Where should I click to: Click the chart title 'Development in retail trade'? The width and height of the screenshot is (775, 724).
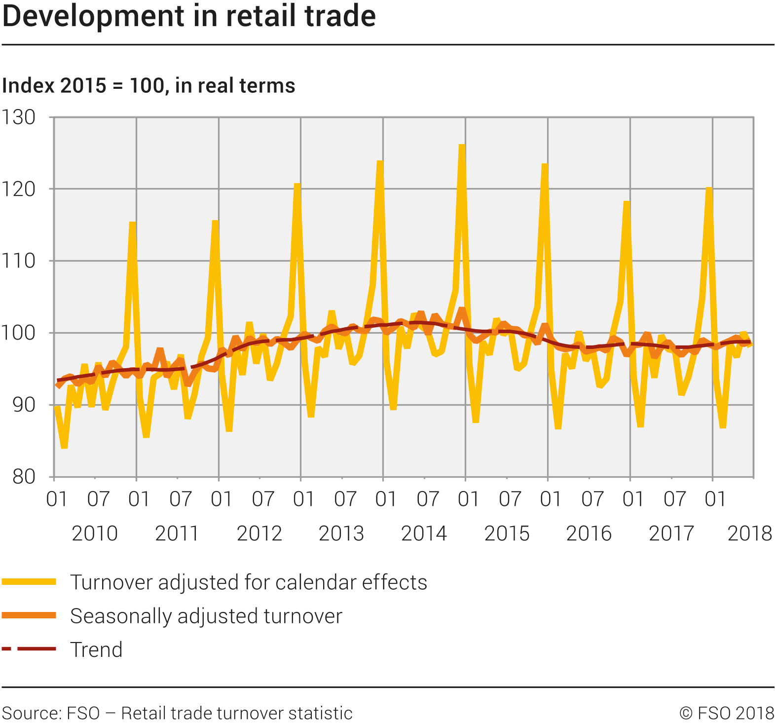189,16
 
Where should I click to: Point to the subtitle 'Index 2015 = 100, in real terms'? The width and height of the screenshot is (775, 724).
148,86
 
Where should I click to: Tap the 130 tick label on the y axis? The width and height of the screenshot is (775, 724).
19,117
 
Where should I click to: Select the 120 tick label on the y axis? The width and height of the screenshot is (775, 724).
19,189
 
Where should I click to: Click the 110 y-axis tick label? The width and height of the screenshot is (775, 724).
19,261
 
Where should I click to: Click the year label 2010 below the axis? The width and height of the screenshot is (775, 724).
95,533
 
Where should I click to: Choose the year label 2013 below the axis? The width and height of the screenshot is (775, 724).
341,533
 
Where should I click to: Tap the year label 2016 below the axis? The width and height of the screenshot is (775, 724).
589,533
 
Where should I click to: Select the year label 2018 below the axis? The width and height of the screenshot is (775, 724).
749,533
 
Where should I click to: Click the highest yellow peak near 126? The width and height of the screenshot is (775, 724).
462,146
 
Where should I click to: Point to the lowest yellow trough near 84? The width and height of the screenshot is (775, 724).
64,447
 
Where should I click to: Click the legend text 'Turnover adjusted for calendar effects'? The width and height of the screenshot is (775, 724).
249,582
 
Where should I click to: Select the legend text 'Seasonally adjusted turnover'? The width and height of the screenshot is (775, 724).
206,616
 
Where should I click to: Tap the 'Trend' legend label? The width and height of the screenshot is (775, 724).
96,649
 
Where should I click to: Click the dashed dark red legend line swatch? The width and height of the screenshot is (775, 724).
29,648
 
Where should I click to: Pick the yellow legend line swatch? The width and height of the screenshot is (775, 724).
29,582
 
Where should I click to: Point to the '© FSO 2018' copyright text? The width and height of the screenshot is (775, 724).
727,713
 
